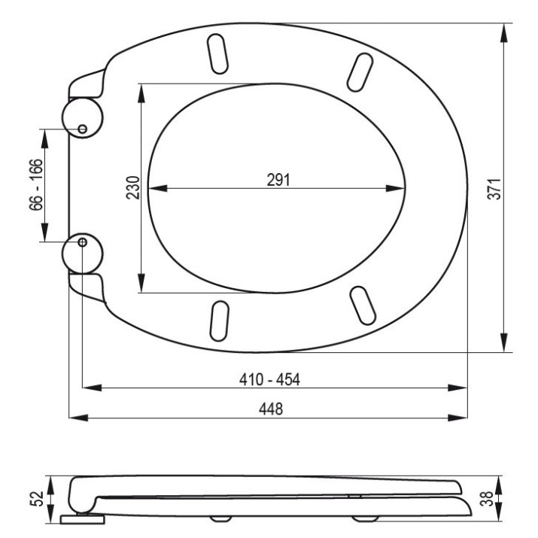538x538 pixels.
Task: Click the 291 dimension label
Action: coord(278,180)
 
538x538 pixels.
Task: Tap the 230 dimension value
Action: coord(133,187)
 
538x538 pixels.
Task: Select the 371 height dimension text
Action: coord(494,189)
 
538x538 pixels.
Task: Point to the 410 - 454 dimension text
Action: coord(269,379)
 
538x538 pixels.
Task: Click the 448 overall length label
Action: coord(271,409)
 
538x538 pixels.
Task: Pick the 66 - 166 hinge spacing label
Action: coord(36,184)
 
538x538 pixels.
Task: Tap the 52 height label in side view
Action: coord(37,499)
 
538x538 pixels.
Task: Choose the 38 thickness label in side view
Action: coord(487,499)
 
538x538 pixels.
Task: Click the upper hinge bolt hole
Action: coord(82,129)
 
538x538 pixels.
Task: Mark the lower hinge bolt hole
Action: coord(82,242)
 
